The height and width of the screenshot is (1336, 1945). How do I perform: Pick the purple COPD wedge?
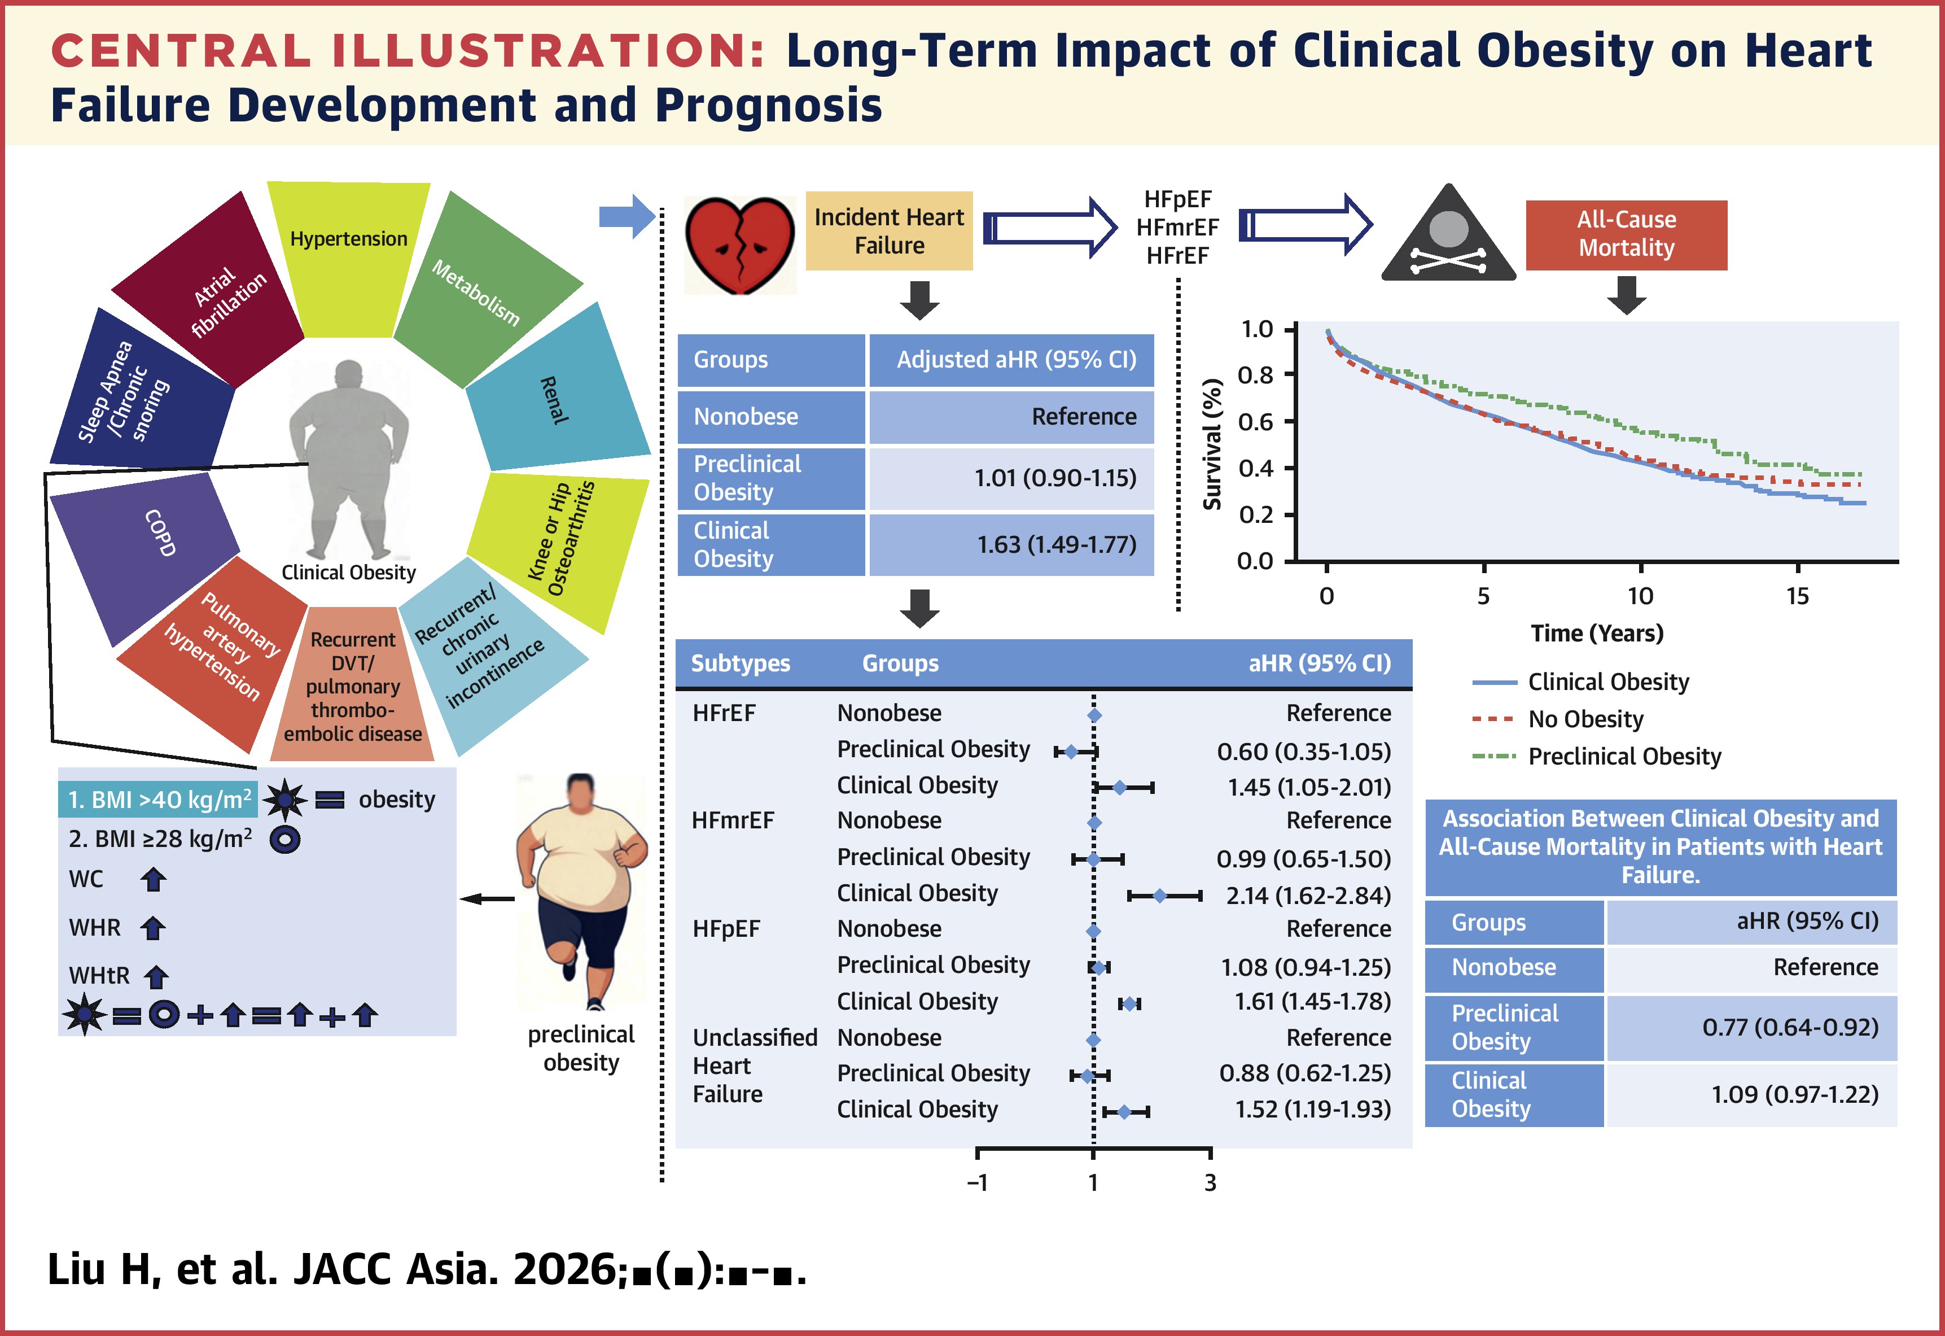click(146, 552)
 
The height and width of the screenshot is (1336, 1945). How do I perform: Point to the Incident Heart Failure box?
click(889, 231)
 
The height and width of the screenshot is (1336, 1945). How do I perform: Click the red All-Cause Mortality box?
click(1626, 234)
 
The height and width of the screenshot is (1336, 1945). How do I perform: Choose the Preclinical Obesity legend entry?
click(1597, 757)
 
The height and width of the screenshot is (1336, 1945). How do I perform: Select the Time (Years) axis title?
click(1597, 633)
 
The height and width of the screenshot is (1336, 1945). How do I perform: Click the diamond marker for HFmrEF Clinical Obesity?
click(1159, 896)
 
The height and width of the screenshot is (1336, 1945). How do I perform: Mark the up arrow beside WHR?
click(152, 928)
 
